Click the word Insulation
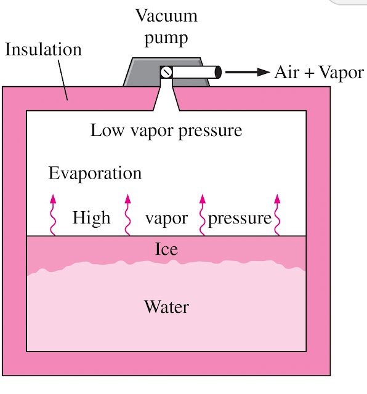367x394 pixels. pos(43,50)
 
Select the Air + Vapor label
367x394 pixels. pos(319,73)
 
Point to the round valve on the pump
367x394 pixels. pos(166,73)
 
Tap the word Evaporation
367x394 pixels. pos(95,173)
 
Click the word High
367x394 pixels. pos(91,218)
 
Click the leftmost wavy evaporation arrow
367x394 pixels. pos(53,215)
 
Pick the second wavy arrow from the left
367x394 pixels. pos(127,215)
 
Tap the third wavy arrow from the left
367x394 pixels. pos(201,215)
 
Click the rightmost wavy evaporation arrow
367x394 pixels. pos(277,215)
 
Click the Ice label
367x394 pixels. pos(166,249)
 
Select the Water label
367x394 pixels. pos(166,306)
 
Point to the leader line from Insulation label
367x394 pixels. pos(63,80)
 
